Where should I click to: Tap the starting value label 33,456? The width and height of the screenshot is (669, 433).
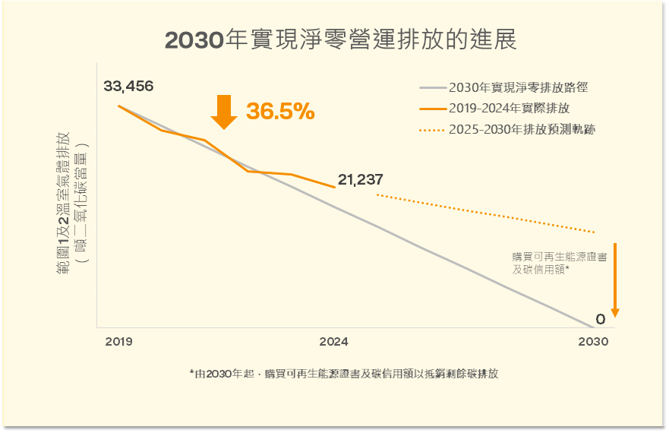pos(128,86)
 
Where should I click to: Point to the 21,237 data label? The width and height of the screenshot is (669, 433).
pos(361,180)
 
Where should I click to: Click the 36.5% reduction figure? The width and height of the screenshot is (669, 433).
pos(280,112)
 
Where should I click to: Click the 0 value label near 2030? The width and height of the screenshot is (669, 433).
pos(600,319)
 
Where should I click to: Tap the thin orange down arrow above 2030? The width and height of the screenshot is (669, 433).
pos(615,280)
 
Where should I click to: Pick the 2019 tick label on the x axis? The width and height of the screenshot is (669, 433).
pos(118,342)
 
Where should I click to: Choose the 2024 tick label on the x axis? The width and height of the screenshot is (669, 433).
pos(334,342)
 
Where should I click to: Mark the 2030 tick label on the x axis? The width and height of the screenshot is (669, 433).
pos(593,342)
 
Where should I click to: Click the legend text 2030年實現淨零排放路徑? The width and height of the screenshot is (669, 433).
pos(518,87)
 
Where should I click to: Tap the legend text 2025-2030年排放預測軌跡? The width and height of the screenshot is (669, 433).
pos(522,129)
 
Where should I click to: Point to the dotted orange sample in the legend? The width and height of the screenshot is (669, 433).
pos(432,130)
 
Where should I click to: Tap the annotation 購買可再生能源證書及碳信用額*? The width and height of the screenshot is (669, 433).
pos(559,263)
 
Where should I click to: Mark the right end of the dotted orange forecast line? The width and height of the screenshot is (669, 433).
pos(595,232)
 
